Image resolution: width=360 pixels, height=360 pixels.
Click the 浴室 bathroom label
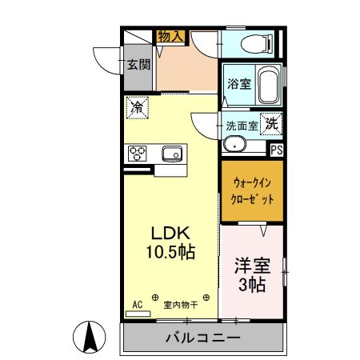pyautogui.click(x=238, y=83)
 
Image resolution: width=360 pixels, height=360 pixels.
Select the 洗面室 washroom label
pyautogui.click(x=240, y=125)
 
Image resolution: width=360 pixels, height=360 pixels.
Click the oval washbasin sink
pyautogui.click(x=234, y=144)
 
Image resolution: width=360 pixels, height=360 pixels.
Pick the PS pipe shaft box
pyautogui.click(x=276, y=149)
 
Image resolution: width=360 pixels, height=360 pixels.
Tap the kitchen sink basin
pyautogui.click(x=172, y=152)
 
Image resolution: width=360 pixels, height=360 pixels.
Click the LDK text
pyautogui.click(x=170, y=233)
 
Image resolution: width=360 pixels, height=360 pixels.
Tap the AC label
pyautogui.click(x=137, y=304)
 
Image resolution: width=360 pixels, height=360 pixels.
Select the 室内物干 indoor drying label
pyautogui.click(x=182, y=304)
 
